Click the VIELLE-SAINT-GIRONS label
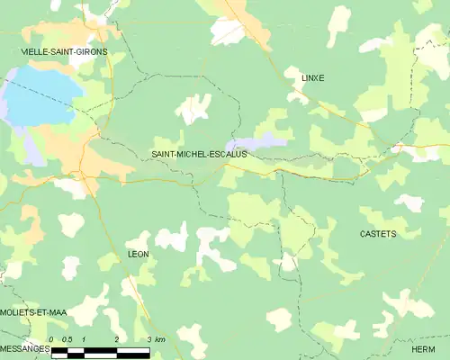[x=64, y=52]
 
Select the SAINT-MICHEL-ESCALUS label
[x=199, y=154]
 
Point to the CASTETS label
[x=378, y=234]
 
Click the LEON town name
[x=138, y=255]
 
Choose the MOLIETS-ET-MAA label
[x=34, y=311]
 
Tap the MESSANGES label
[x=25, y=348]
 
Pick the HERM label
[x=423, y=349]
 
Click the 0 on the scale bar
[x=51, y=339]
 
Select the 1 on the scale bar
[x=84, y=339]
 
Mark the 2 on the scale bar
[x=117, y=339]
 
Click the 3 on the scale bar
[x=149, y=339]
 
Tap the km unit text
[x=160, y=339]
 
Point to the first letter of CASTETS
[x=363, y=234]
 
